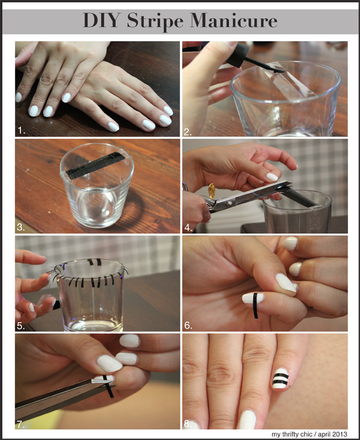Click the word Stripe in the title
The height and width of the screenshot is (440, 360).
[155, 21]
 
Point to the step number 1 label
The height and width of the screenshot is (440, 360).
[21, 131]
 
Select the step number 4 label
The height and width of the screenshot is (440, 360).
[188, 228]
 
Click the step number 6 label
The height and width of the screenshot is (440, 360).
[188, 326]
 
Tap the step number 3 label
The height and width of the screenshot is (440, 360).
[21, 227]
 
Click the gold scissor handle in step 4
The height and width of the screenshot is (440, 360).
[211, 189]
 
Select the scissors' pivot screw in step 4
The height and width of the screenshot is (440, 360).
[230, 202]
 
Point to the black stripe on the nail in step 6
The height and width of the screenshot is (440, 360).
[255, 306]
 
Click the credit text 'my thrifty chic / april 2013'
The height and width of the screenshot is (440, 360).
[309, 434]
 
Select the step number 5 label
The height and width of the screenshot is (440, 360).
[21, 326]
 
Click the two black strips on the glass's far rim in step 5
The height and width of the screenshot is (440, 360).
[94, 262]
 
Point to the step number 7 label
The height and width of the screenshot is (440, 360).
[21, 424]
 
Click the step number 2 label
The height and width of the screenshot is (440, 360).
[188, 132]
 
